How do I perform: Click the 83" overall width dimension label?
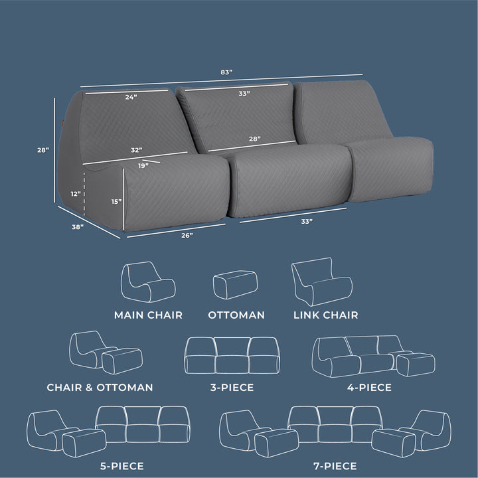[x=226, y=72]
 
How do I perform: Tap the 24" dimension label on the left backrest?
[x=131, y=97]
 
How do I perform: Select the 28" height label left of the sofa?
[x=43, y=150]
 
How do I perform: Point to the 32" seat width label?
[x=137, y=150]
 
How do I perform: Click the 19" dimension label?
[x=143, y=166]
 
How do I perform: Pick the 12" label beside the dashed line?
[x=76, y=194]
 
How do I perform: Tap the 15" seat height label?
[x=116, y=202]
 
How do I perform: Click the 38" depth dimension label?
[x=78, y=227]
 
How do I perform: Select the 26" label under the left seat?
[x=187, y=235]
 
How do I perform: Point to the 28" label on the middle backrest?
[x=254, y=139]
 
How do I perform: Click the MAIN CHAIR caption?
[x=148, y=315]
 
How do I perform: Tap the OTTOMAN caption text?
[x=236, y=315]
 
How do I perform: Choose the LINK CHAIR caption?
[x=325, y=315]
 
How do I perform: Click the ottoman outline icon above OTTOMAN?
[x=235, y=285]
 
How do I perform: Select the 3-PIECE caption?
[x=232, y=388]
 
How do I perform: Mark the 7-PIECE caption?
[x=335, y=466]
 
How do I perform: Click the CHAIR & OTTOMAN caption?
[x=100, y=388]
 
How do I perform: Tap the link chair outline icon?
[x=322, y=281]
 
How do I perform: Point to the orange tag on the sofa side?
[x=61, y=123]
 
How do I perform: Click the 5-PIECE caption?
[x=122, y=466]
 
